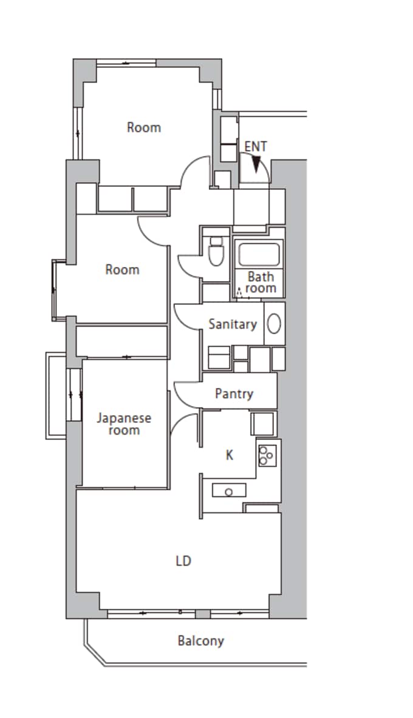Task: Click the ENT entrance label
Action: point(255,146)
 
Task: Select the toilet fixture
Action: point(215,251)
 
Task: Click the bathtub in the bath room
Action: point(259,254)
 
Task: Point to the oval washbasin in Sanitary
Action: point(274,323)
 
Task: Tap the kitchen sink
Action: point(229,490)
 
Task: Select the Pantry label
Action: point(234,394)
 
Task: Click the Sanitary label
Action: point(233,324)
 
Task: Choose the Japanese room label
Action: point(124,424)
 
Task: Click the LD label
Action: point(183,561)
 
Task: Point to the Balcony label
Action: point(201,640)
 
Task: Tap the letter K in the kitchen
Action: point(229,455)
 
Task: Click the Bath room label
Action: point(261,283)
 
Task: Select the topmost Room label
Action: point(144,127)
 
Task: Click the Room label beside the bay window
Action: point(123,269)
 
